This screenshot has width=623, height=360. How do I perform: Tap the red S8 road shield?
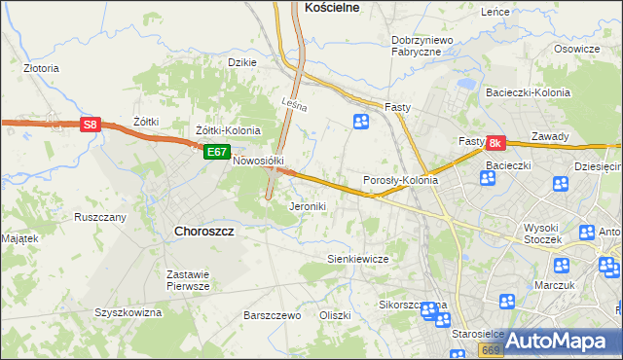(x=90, y=125)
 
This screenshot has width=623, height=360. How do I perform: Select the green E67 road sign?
(x=216, y=153)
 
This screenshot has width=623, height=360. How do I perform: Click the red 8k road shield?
(x=495, y=143)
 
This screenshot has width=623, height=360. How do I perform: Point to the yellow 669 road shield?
(x=491, y=348)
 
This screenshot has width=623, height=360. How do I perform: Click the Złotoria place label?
(x=41, y=69)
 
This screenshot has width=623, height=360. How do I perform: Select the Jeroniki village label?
(x=308, y=207)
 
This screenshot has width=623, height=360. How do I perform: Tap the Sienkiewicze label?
(x=357, y=259)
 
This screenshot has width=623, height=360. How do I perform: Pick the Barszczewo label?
(x=272, y=316)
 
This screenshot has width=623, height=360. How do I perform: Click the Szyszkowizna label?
(x=128, y=312)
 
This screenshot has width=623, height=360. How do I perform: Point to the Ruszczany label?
(x=99, y=217)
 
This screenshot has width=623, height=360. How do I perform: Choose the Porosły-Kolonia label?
(x=400, y=181)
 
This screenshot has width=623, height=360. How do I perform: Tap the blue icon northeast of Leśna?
(x=361, y=122)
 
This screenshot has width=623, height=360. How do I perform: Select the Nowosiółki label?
(x=258, y=161)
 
